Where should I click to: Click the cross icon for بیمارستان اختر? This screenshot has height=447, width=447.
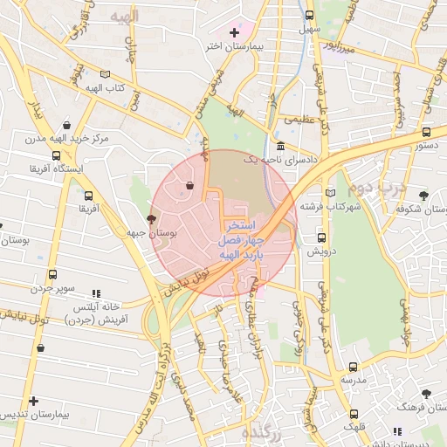tap(233, 32)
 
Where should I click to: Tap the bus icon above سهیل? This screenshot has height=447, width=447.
tap(310, 16)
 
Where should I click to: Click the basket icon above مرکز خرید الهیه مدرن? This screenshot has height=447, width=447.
tap(67, 125)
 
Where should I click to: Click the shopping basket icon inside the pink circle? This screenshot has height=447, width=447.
tap(190, 184)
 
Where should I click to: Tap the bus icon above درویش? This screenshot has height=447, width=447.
tap(322, 237)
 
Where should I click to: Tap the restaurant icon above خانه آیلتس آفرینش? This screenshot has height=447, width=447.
tap(97, 293)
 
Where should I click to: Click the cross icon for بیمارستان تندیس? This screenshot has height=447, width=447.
tap(33, 401)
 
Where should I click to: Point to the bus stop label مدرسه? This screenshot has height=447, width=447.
tap(353, 381)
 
